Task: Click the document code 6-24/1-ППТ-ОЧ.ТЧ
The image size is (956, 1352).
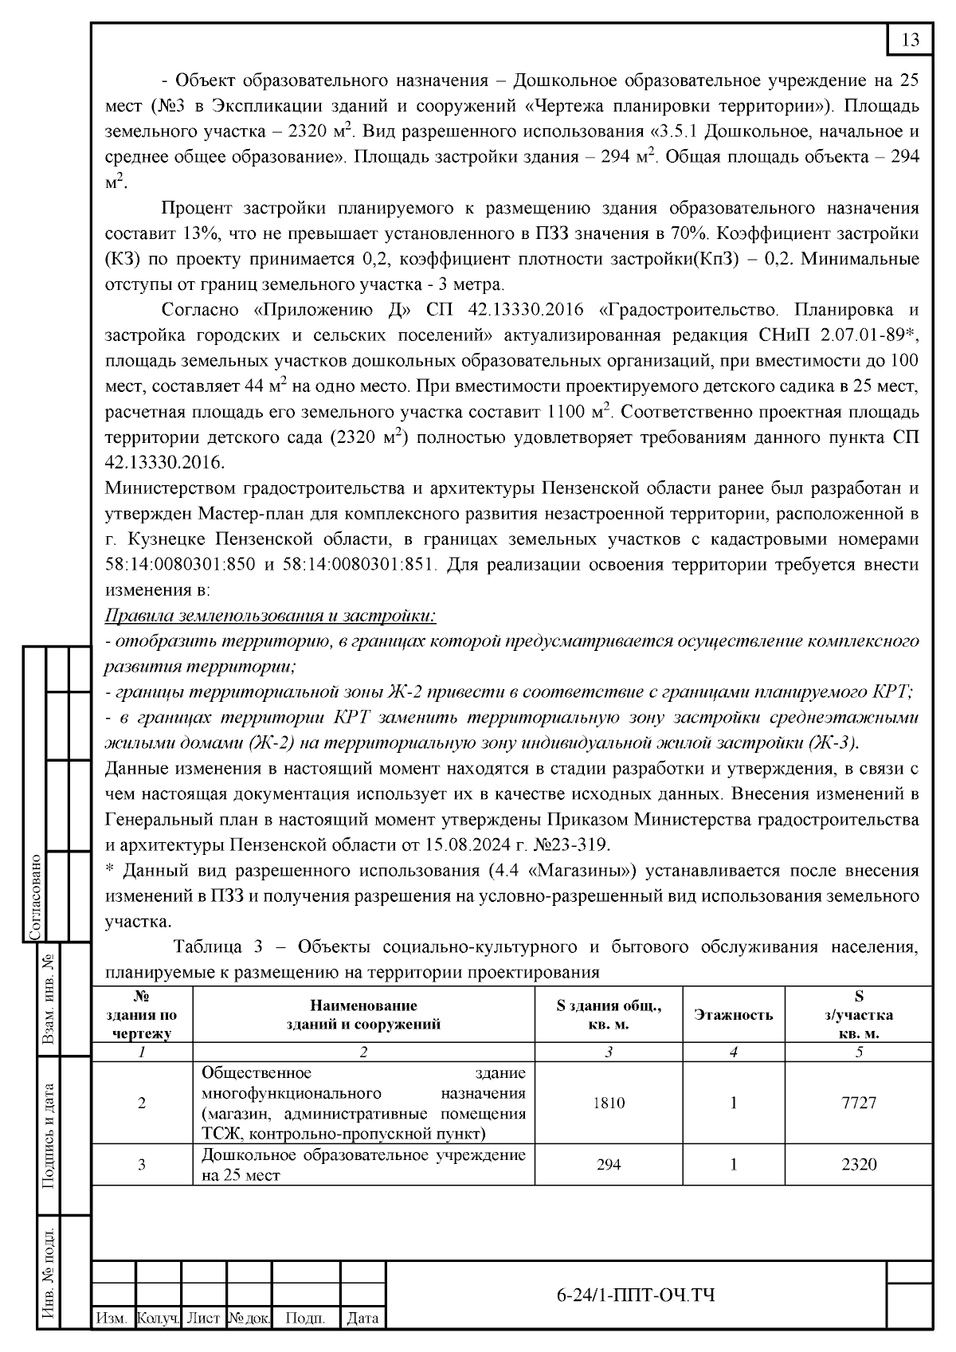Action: (635, 1295)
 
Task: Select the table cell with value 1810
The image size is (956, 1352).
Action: (609, 1103)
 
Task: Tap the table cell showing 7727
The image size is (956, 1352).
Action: (859, 1103)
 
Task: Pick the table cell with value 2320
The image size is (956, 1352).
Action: (859, 1164)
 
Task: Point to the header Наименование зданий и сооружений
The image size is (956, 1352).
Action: (363, 1014)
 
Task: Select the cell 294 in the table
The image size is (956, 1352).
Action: (609, 1164)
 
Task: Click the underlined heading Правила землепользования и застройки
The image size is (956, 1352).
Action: (271, 616)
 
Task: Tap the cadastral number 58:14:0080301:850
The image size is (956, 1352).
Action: (180, 565)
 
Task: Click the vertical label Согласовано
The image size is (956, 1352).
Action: (34, 896)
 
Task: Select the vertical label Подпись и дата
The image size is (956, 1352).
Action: (48, 1135)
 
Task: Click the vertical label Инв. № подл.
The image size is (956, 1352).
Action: (48, 1275)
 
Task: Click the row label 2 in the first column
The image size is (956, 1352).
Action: (142, 1103)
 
